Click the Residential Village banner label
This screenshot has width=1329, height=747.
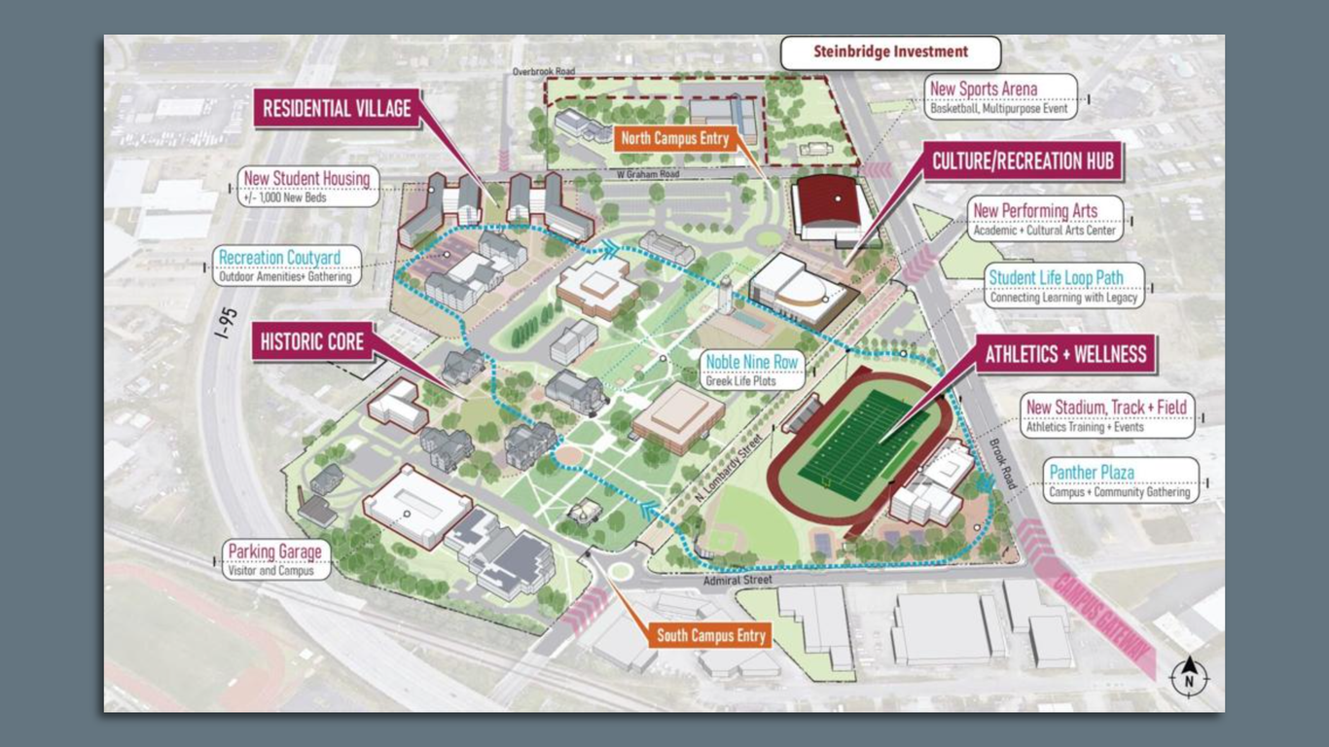coord(337,109)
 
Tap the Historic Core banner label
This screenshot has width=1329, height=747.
coord(311,341)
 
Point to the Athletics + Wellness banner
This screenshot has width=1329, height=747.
coord(1065,354)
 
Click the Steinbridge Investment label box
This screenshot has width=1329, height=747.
coord(890,53)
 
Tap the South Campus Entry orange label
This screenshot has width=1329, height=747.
coord(711,636)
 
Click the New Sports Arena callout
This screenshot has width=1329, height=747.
coord(1000,97)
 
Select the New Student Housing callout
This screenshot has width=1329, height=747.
coord(307,186)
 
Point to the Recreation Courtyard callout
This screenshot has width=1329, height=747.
coord(287,266)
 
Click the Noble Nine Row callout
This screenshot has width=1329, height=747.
coord(752,370)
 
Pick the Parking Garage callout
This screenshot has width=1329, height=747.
coord(274,559)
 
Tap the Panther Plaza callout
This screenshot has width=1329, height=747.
coord(1120,480)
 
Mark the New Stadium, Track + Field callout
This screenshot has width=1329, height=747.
coord(1107,414)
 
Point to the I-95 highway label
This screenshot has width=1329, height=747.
coord(226,322)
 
